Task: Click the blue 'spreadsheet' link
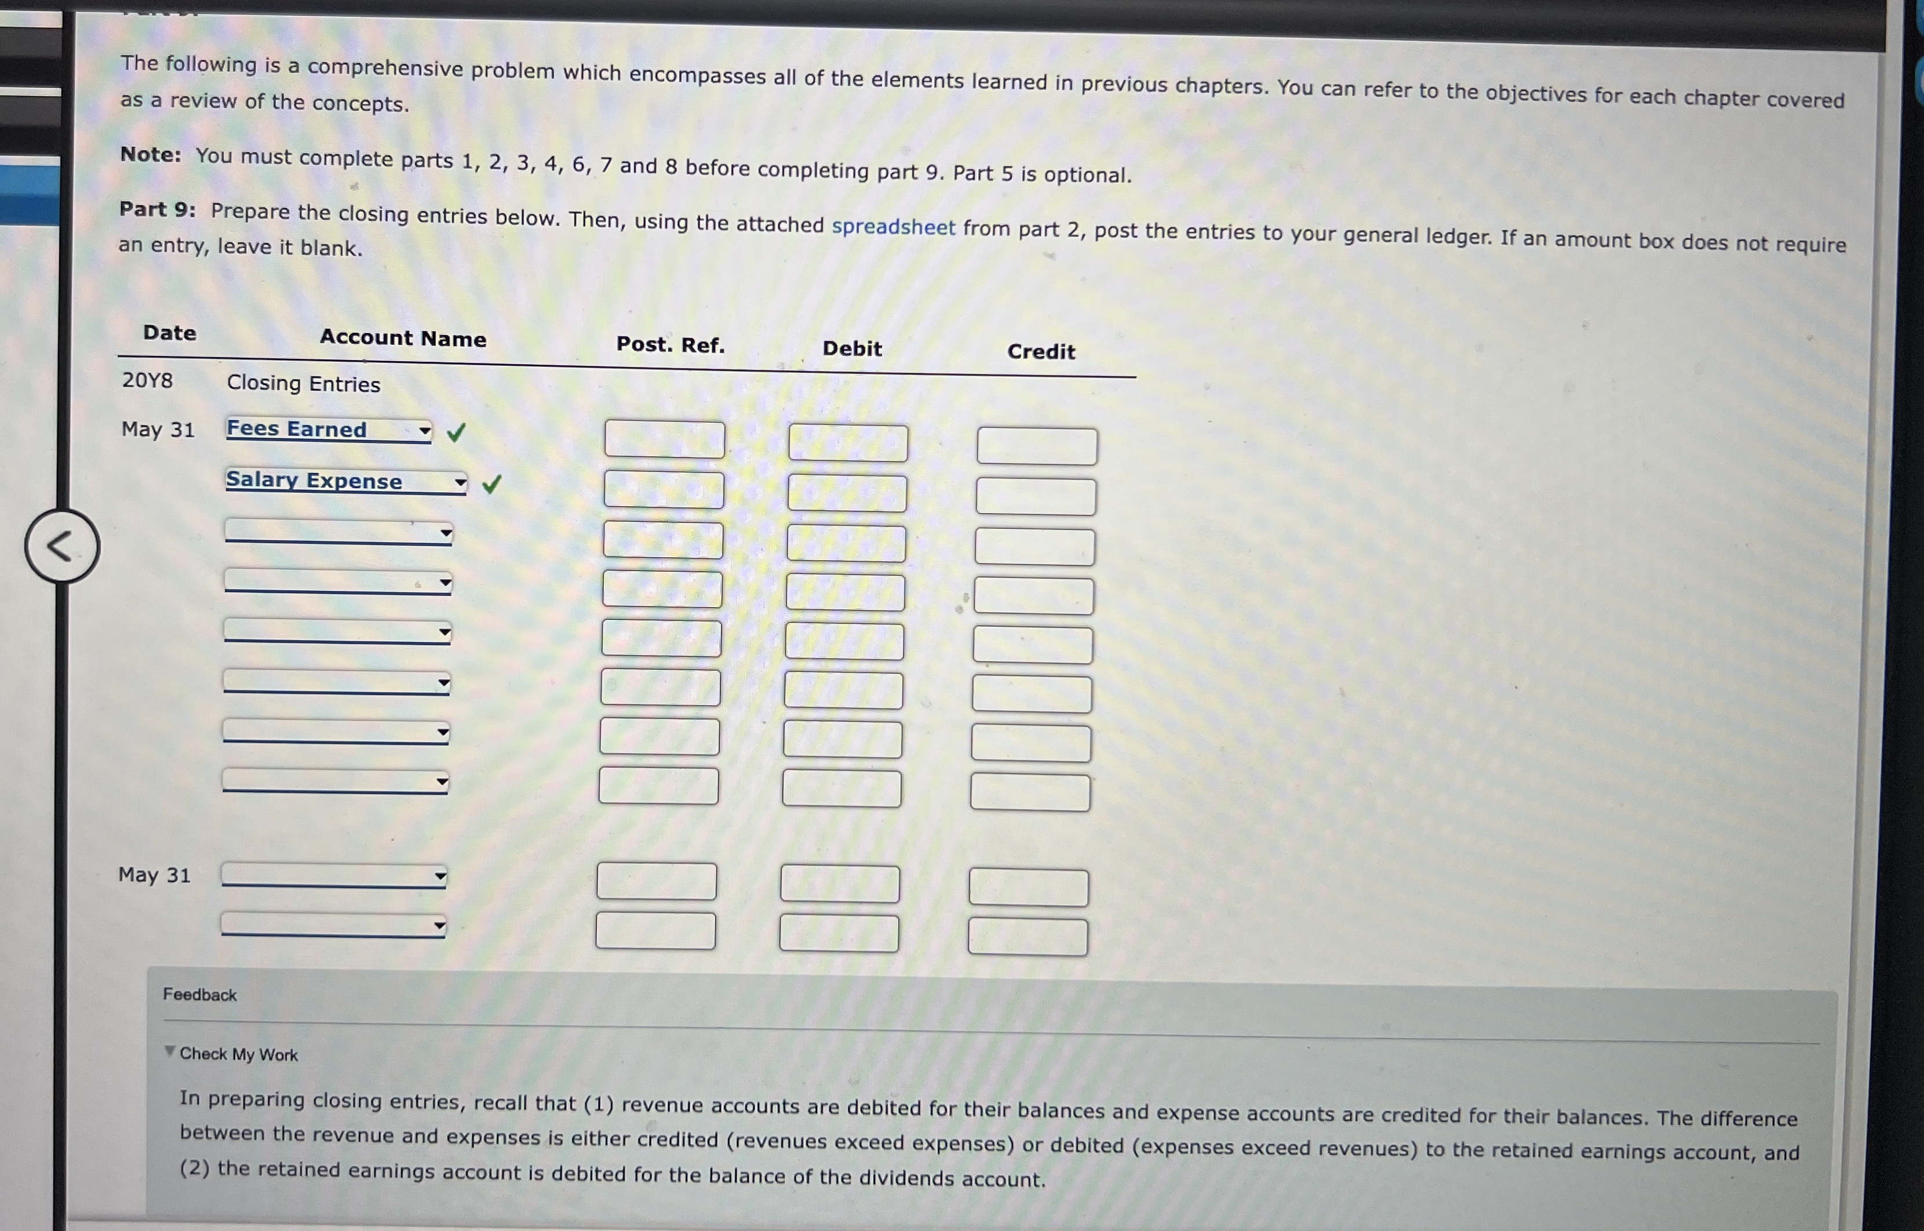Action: [892, 227]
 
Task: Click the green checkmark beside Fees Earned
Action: [456, 433]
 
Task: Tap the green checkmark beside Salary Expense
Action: [491, 483]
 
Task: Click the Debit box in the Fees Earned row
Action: [848, 443]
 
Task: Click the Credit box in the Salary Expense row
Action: [1036, 496]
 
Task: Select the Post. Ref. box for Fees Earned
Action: [664, 439]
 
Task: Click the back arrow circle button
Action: [61, 546]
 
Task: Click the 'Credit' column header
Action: [1040, 352]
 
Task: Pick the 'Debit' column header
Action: [852, 348]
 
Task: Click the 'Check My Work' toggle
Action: [237, 1054]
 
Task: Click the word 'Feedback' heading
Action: [200, 994]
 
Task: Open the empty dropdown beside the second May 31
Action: [334, 876]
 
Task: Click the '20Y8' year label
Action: [147, 380]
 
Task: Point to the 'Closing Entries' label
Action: [303, 384]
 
